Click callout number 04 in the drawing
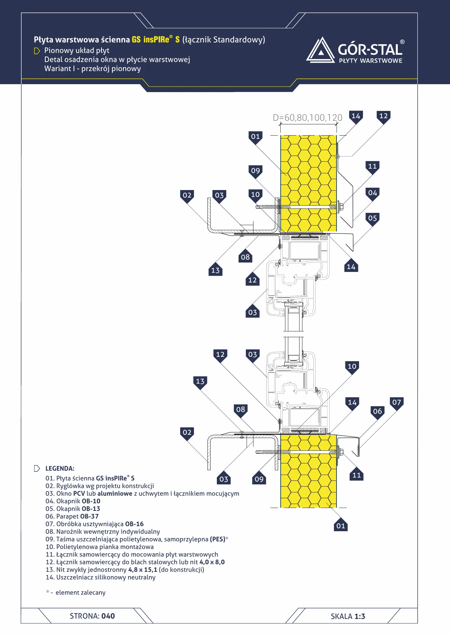click(372, 193)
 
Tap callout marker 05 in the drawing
click(372, 219)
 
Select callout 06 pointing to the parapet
click(377, 412)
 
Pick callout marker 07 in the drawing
click(397, 402)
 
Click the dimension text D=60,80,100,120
click(307, 117)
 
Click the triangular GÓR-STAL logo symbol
click(321, 50)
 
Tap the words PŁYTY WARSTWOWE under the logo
click(371, 61)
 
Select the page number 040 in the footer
click(108, 616)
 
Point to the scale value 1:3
click(360, 616)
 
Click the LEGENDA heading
click(60, 468)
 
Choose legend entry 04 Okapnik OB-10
click(73, 501)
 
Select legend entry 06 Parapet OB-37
click(72, 516)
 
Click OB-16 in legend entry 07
click(134, 524)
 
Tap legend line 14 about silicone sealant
click(100, 577)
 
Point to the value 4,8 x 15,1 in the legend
click(143, 570)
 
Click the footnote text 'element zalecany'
click(80, 592)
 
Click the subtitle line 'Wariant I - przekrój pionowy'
click(92, 69)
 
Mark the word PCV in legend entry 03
click(79, 493)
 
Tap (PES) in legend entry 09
click(218, 539)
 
